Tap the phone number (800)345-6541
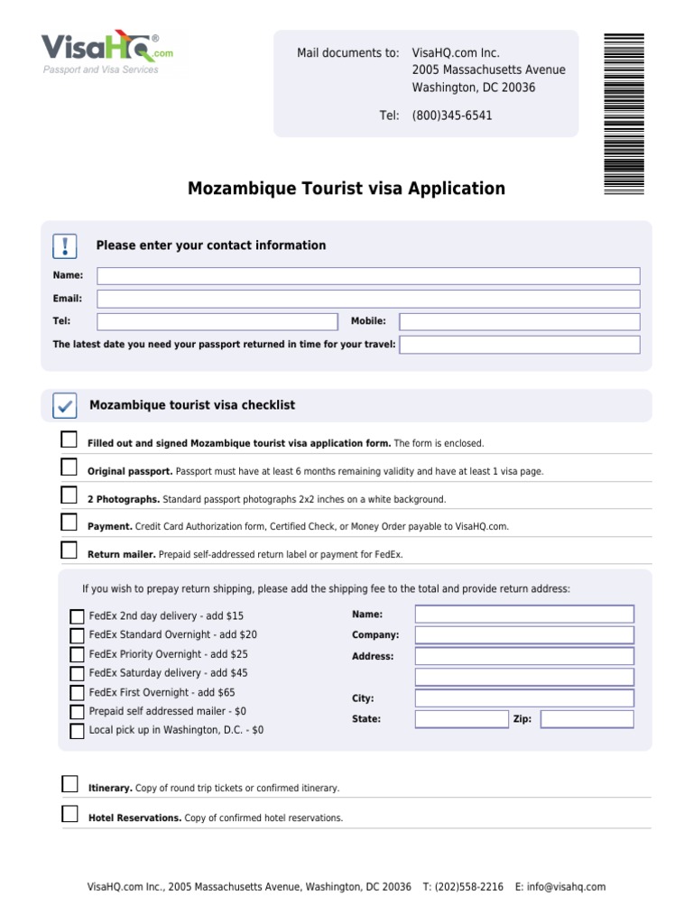(x=452, y=115)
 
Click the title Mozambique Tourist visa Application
(x=346, y=189)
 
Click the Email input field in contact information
(x=368, y=299)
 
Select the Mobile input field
(x=519, y=321)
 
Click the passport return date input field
(x=519, y=345)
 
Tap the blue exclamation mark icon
(x=65, y=245)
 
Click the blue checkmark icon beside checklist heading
(x=65, y=406)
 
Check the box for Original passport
(x=69, y=467)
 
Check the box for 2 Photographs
(x=69, y=494)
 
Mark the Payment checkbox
(x=69, y=522)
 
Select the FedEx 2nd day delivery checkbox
(x=77, y=617)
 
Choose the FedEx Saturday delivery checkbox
(x=77, y=674)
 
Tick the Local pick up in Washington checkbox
(x=77, y=731)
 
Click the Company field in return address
(x=524, y=635)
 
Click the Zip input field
(x=587, y=719)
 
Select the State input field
(x=462, y=719)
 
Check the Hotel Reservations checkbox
(x=69, y=814)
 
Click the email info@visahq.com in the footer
(x=566, y=887)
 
